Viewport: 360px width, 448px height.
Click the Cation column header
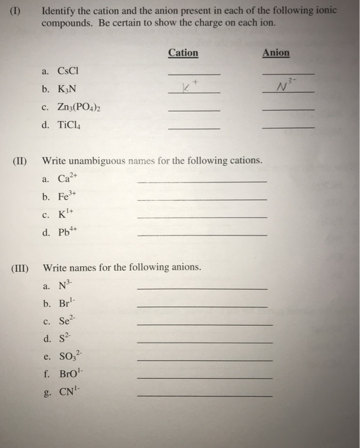(x=183, y=53)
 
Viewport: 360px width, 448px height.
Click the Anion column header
(x=276, y=53)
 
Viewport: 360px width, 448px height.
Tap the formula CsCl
(x=67, y=70)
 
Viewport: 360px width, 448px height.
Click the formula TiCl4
(x=69, y=125)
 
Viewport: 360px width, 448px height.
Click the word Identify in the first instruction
(x=59, y=11)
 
